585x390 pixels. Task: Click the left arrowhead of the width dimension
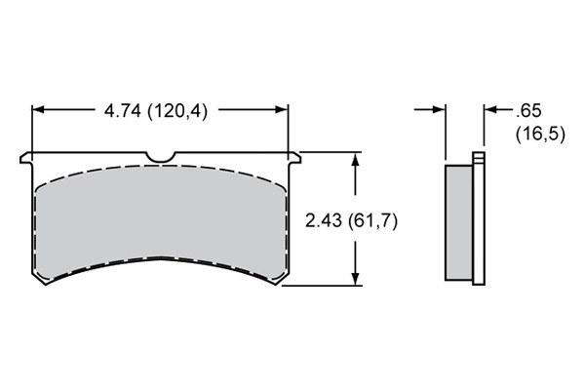(x=38, y=109)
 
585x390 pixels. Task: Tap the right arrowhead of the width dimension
(x=282, y=109)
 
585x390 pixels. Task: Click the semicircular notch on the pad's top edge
(x=161, y=157)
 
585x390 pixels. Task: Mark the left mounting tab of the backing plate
(x=26, y=158)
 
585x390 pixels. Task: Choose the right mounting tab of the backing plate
(x=294, y=158)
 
